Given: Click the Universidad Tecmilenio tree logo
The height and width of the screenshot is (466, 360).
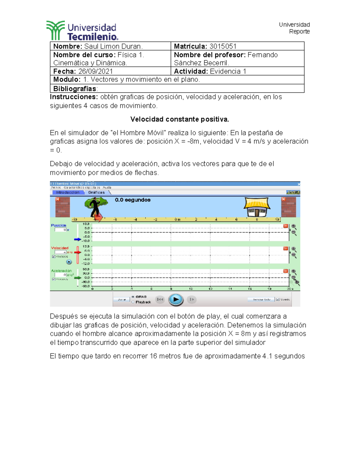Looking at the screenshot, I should click(x=55, y=30).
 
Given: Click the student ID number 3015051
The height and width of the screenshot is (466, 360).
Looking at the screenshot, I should click(x=223, y=46).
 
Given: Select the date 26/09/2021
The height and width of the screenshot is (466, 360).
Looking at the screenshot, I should click(x=95, y=71).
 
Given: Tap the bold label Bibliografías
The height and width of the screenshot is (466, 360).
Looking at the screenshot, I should click(x=75, y=89).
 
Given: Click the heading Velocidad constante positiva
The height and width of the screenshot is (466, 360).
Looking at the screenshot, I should click(x=180, y=119).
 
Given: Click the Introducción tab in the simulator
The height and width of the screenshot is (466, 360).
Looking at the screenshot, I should click(x=67, y=192).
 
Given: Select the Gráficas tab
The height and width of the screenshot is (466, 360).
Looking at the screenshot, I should click(x=96, y=192).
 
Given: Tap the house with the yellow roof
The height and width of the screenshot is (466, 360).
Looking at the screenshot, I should click(x=257, y=207).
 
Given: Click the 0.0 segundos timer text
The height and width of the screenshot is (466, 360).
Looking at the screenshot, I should click(x=133, y=200).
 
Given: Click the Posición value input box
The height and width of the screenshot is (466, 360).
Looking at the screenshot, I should click(x=60, y=230).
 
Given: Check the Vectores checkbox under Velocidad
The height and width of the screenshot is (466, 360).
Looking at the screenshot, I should click(x=54, y=257).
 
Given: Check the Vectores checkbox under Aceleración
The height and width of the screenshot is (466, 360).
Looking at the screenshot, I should click(x=54, y=279).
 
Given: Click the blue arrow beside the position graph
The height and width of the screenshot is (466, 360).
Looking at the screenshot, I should click(x=77, y=239).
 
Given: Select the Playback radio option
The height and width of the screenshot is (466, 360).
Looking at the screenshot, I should click(x=133, y=302).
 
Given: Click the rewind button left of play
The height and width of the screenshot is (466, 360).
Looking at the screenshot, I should click(x=160, y=299).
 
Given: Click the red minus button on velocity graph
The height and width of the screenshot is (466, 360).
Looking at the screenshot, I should click(x=286, y=248).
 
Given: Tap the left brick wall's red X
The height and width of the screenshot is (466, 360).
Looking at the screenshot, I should click(x=58, y=199).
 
